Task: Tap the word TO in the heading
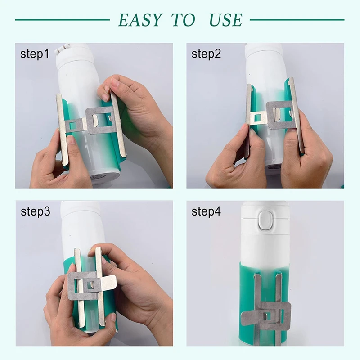183,20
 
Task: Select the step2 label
206,54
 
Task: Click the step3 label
35,212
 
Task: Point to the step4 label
206,212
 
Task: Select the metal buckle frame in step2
279,115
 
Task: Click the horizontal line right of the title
297,20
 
